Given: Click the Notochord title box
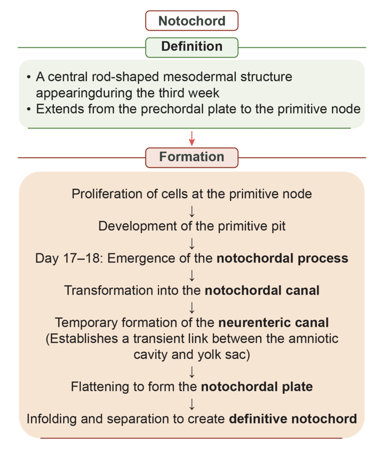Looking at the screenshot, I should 192,21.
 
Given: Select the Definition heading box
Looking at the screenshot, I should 192,47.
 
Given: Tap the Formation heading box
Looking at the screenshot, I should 192,157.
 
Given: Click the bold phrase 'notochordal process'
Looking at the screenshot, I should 283,258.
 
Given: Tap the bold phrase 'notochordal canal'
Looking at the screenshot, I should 262,290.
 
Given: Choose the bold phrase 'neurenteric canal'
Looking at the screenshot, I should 274,322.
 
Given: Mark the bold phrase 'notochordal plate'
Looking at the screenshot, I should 257,387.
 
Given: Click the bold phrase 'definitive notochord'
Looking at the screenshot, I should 293,418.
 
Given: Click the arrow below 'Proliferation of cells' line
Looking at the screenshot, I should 192,210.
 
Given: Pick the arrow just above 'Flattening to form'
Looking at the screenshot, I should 192,371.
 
